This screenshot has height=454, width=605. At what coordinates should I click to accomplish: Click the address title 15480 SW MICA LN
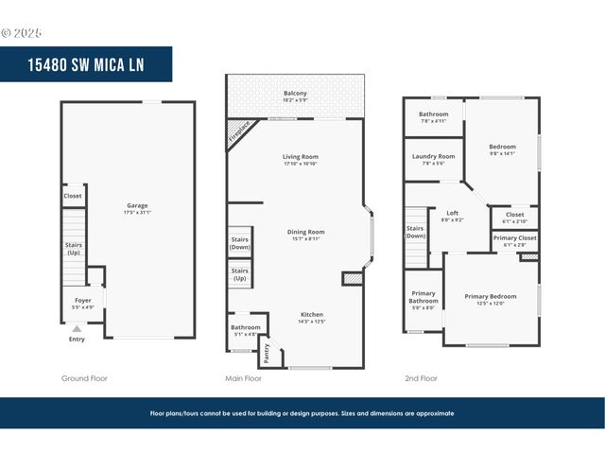point(87,64)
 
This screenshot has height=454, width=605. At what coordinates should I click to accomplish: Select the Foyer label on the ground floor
point(83,304)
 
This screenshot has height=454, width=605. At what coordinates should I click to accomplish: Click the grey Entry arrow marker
point(77,329)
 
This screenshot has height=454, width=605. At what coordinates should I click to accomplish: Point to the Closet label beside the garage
point(73,196)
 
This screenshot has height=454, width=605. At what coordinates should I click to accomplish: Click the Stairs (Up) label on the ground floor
point(73,248)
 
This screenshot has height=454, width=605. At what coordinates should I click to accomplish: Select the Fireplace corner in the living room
point(240,133)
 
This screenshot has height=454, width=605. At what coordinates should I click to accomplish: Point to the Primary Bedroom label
point(491,300)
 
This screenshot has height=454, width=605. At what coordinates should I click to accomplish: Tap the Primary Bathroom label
point(423,300)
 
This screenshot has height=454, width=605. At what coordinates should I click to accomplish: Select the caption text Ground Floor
point(84,378)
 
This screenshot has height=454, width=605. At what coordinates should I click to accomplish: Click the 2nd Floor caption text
point(421,378)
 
